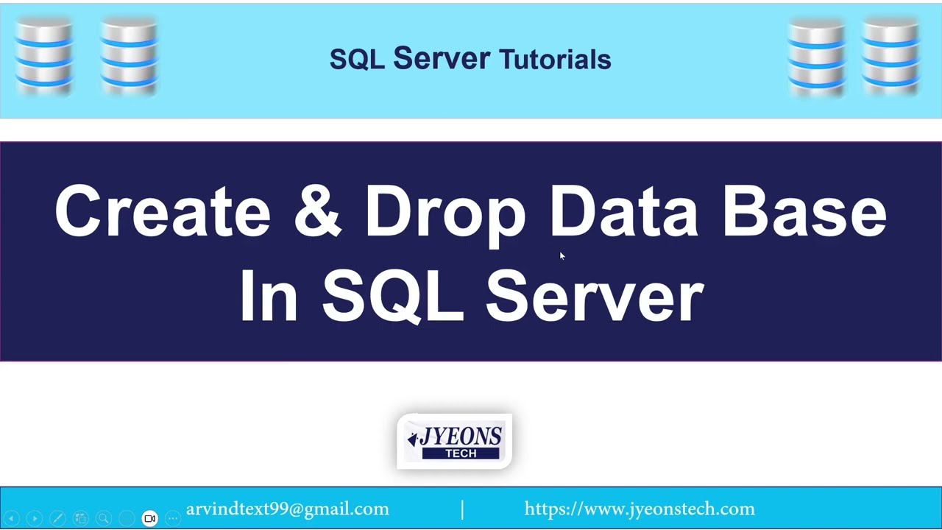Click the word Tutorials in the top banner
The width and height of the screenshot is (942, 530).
coord(555,60)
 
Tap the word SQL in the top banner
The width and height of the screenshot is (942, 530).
coord(357,60)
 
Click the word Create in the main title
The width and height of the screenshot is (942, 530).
coord(163,212)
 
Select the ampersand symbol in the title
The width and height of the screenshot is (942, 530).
coord(317,212)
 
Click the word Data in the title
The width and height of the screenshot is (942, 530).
coord(624,212)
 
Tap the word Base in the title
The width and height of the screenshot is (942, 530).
coord(804,212)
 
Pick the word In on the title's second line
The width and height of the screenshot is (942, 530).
coord(269,296)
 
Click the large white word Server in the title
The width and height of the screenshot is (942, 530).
coord(595,296)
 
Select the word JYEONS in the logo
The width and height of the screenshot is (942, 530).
coord(460,437)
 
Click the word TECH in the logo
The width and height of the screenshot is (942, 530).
coord(461,453)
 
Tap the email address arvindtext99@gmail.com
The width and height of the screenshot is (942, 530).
coord(287,509)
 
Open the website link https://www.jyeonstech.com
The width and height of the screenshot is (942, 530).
coord(640,509)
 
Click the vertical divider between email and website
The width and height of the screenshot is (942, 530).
coord(462,509)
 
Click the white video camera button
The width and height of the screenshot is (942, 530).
coord(149,518)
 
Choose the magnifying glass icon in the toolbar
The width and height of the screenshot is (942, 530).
coord(104,518)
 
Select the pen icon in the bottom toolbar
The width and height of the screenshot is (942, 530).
coord(57,518)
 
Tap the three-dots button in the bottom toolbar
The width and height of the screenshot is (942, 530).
coord(172,518)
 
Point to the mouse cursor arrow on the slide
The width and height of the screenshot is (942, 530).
coord(562,255)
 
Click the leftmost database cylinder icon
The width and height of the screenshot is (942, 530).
coord(43,57)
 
